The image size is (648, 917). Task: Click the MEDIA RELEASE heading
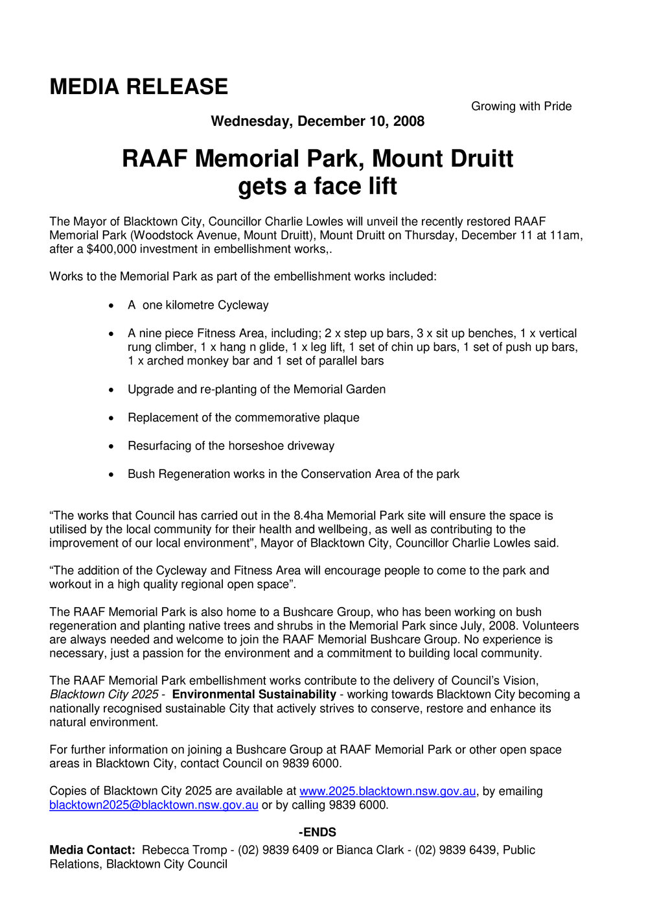(139, 87)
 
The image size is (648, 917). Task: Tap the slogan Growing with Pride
(521, 106)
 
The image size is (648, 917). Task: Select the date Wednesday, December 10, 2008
(318, 121)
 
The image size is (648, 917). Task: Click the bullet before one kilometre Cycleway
(113, 305)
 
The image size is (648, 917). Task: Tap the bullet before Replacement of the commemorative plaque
(113, 418)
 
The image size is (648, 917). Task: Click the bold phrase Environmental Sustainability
(254, 695)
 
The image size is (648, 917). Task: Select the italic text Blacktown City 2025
(104, 695)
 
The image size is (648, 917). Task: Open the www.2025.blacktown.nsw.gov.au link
(387, 791)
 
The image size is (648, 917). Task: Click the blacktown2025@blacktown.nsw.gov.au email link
(154, 805)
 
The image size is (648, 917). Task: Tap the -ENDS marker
(317, 833)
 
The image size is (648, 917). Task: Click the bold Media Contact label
(92, 850)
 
